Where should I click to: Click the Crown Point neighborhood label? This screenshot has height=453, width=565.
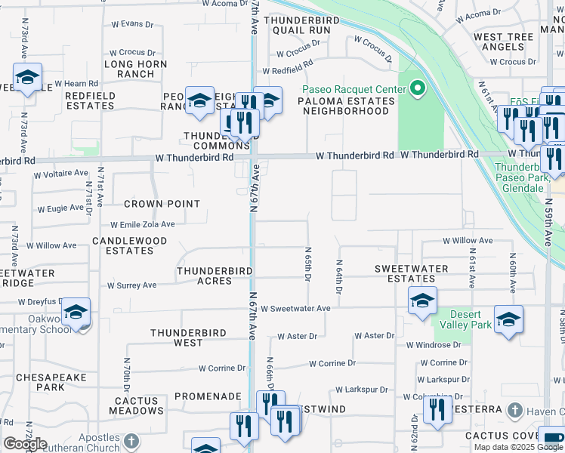[162, 204]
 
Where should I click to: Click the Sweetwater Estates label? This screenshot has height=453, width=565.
[412, 273]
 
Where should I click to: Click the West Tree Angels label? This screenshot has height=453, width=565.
[503, 42]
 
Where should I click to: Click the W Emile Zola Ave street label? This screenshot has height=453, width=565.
[143, 224]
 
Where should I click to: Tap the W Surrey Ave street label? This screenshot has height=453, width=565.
[131, 285]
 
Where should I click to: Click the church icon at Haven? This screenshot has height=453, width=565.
[514, 411]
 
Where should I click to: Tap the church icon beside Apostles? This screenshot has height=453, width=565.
[131, 440]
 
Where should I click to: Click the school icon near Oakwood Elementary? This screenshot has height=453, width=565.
[76, 312]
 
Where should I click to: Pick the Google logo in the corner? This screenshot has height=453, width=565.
[25, 444]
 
